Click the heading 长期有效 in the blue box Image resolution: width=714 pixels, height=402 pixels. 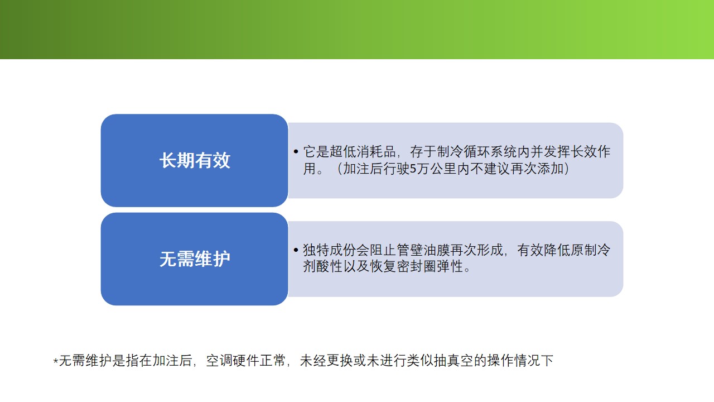(195, 160)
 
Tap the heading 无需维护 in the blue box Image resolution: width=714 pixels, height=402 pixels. (195, 259)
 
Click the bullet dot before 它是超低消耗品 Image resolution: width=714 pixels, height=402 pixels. (296, 151)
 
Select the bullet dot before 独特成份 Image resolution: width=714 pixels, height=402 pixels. (296, 250)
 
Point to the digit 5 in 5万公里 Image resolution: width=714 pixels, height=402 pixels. (413, 169)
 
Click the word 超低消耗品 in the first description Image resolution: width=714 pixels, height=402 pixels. (363, 151)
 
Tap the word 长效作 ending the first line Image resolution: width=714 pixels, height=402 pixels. (590, 151)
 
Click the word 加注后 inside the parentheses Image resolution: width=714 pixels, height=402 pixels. (363, 169)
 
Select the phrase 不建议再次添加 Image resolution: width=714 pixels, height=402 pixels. (517, 169)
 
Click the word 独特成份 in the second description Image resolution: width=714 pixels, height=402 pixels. (329, 250)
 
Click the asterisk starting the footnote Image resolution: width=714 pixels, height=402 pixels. (56, 361)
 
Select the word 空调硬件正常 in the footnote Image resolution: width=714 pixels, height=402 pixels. (245, 361)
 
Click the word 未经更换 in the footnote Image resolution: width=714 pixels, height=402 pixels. (326, 361)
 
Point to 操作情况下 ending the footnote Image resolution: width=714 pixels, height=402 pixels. (520, 361)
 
